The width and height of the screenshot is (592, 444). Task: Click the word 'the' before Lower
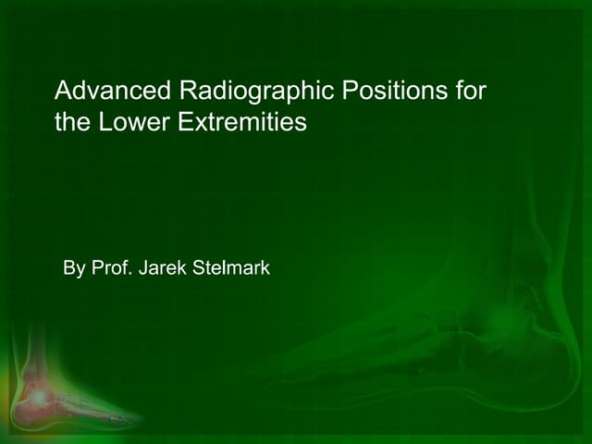click(x=72, y=122)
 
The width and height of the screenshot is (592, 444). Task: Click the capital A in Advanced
click(x=63, y=92)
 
